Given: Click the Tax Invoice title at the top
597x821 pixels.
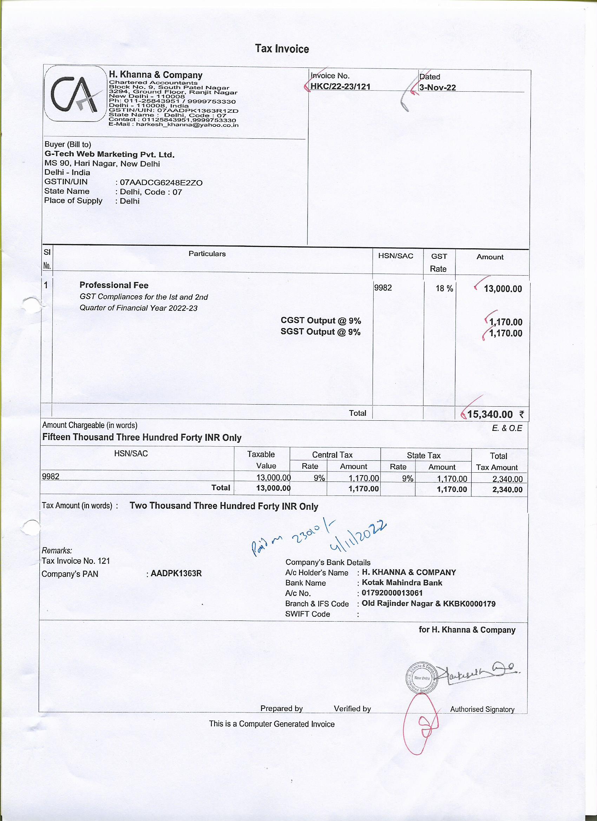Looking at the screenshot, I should [282, 49].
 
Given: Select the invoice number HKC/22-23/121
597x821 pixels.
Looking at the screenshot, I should [340, 86].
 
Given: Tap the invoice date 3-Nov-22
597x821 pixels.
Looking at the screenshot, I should [437, 87].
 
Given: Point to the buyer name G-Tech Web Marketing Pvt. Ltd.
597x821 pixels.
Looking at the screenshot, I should [109, 155].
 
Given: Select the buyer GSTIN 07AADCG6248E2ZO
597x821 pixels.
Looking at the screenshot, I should [161, 183].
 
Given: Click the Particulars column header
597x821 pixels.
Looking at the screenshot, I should [207, 254].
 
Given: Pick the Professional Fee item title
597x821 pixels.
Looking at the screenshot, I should [114, 285].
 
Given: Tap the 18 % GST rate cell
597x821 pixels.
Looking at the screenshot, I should [444, 289].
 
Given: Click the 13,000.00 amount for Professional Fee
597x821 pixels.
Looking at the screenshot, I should [503, 289].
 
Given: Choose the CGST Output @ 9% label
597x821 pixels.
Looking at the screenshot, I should [320, 321].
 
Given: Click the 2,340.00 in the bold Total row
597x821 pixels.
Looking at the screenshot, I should [507, 490].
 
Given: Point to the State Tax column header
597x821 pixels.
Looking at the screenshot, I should [423, 455].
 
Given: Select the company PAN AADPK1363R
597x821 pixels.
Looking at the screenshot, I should [176, 574].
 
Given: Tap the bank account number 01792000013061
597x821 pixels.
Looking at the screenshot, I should [392, 593].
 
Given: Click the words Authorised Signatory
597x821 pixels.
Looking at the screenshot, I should [482, 709].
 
